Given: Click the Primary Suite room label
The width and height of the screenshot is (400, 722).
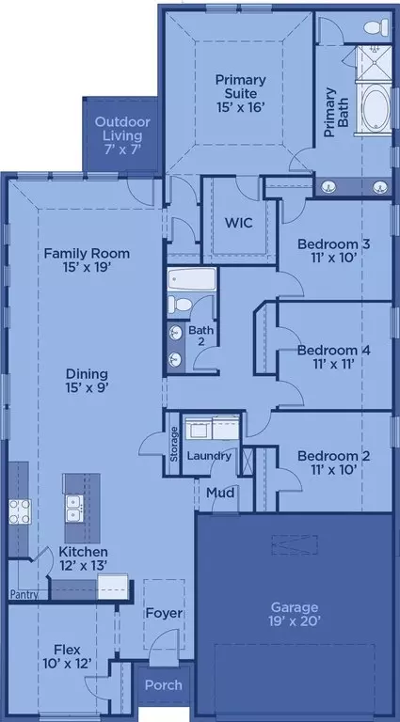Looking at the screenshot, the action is (x=241, y=86).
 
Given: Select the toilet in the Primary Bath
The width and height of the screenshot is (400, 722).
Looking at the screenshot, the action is (x=376, y=27).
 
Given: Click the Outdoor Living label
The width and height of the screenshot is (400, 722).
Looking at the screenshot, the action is (x=122, y=129).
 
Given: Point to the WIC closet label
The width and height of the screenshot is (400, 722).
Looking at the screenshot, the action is (x=238, y=223).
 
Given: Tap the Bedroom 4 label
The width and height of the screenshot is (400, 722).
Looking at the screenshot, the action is (x=333, y=351).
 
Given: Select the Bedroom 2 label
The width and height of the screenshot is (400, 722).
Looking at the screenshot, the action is (x=333, y=456).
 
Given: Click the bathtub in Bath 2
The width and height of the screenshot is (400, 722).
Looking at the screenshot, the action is (x=192, y=279).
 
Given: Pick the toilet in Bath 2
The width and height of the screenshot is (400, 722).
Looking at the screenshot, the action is (x=180, y=305).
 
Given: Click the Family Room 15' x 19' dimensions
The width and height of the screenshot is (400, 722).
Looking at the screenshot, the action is (x=88, y=267).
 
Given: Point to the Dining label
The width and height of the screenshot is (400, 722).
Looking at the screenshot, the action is (x=87, y=374).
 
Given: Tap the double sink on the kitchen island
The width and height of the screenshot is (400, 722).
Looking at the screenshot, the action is (x=74, y=509).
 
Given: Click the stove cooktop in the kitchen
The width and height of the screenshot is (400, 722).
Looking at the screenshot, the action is (x=20, y=511).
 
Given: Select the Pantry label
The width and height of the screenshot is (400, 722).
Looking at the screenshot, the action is (x=24, y=594).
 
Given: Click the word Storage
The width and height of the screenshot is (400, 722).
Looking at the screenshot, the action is (x=174, y=445).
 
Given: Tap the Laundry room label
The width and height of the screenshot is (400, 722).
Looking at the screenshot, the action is (x=209, y=456).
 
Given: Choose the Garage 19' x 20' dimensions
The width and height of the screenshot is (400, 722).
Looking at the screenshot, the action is (x=295, y=621).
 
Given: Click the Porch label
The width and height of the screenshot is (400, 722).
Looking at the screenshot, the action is (x=164, y=684).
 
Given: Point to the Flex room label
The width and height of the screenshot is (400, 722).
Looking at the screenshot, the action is (x=67, y=651).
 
